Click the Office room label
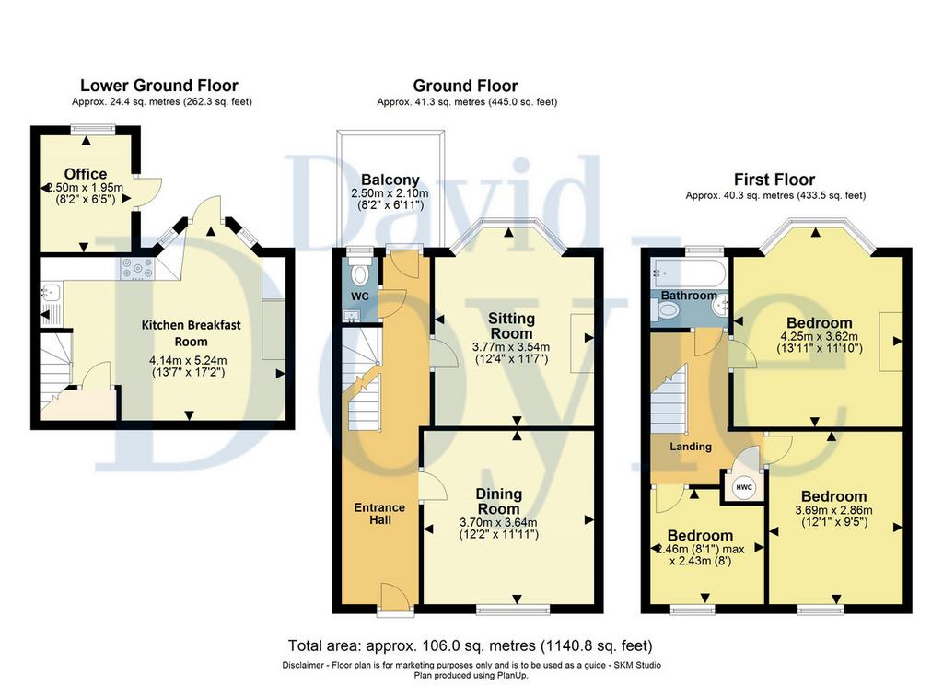86,174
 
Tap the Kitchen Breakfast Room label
191,333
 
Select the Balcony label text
390,180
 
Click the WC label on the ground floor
360,296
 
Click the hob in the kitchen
137,268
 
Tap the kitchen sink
50,293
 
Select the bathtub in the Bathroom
688,273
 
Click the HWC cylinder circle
744,487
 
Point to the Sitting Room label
511,325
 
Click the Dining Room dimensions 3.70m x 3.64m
498,522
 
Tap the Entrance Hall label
379,514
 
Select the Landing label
691,446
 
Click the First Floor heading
774,180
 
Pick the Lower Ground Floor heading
159,86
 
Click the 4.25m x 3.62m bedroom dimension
819,336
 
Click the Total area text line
471,645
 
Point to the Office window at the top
93,127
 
